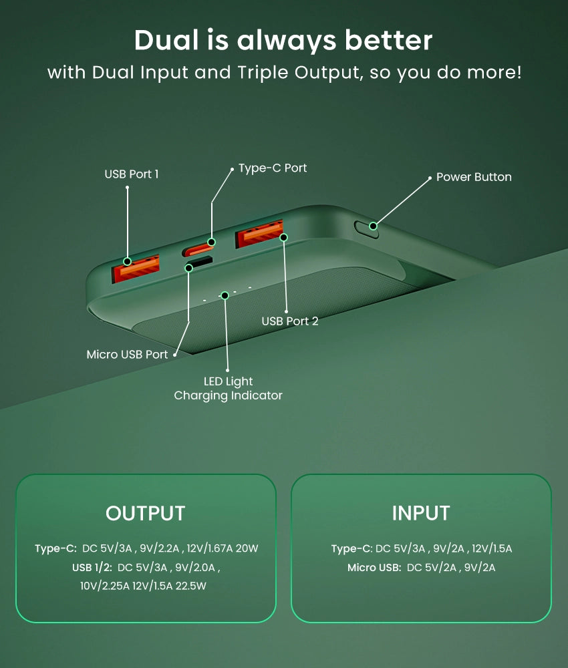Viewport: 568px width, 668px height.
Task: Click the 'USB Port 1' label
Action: pyautogui.click(x=132, y=174)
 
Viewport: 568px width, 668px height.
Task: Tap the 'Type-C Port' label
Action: pyautogui.click(x=273, y=168)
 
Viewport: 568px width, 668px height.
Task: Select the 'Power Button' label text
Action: pyautogui.click(x=474, y=177)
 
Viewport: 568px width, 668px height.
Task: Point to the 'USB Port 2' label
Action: pyautogui.click(x=290, y=321)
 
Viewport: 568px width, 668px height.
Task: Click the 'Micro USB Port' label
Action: pyautogui.click(x=127, y=355)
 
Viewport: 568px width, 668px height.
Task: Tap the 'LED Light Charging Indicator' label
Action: pyautogui.click(x=229, y=389)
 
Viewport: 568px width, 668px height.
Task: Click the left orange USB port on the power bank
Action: pyautogui.click(x=136, y=268)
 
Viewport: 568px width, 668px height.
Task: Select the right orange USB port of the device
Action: pyautogui.click(x=259, y=233)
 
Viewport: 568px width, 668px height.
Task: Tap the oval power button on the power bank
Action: pyautogui.click(x=366, y=228)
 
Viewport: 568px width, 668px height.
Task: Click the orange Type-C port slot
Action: pyautogui.click(x=198, y=248)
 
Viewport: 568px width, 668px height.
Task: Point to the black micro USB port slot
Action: pyautogui.click(x=199, y=261)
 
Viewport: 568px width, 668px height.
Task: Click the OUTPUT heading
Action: pyautogui.click(x=145, y=513)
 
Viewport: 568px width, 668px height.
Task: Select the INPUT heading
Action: pyautogui.click(x=421, y=513)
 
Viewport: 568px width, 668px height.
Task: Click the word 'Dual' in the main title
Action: pyautogui.click(x=166, y=41)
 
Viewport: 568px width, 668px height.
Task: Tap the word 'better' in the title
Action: pyautogui.click(x=389, y=41)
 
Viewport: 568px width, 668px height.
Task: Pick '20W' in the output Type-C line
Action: pyautogui.click(x=247, y=548)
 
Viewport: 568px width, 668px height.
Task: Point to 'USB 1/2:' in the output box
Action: pyautogui.click(x=92, y=567)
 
